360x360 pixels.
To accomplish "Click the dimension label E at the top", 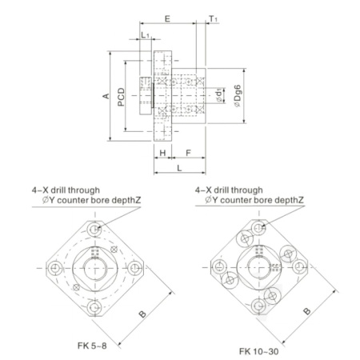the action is click(167, 19).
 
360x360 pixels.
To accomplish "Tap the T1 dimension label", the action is click(213, 19).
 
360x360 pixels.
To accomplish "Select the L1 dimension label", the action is click(145, 35).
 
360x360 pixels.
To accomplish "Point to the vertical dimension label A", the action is click(106, 96).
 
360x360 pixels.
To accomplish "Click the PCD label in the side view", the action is click(121, 97).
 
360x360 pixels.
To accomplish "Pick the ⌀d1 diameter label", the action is click(219, 95).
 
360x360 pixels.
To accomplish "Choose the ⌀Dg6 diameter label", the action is click(238, 96).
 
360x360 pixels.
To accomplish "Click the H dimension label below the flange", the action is click(162, 153).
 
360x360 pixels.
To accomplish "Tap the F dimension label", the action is click(188, 153).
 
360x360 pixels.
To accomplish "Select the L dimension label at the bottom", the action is click(179, 168).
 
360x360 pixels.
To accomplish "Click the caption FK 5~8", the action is click(92, 346).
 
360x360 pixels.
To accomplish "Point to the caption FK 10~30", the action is click(258, 351).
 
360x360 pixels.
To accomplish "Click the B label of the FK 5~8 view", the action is click(143, 314).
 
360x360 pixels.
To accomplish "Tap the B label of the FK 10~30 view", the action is click(307, 311).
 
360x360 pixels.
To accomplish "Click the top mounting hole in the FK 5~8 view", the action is click(94, 229).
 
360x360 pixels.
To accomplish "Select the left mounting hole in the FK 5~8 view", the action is click(55, 268).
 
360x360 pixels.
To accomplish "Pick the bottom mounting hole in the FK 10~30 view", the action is click(258, 306).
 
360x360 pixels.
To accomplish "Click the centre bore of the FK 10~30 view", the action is click(258, 267).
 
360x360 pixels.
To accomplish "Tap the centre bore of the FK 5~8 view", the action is click(95, 268).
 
